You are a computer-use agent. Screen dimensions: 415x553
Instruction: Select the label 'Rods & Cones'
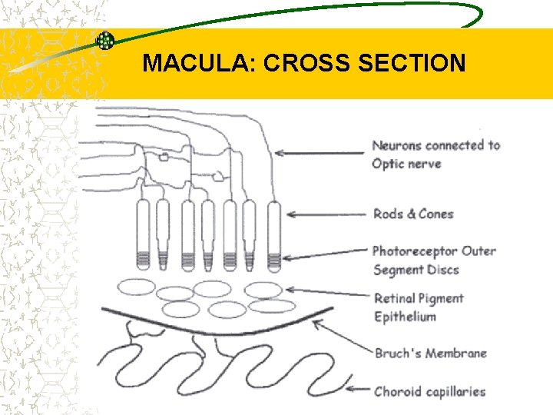pos(412,214)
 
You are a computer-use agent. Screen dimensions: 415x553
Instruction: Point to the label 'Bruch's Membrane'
pos(430,354)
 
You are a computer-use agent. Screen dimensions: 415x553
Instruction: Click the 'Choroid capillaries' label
pos(430,391)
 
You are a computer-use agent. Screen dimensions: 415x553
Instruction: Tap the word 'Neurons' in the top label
pos(396,145)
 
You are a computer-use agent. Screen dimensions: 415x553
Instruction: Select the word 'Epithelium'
pos(404,317)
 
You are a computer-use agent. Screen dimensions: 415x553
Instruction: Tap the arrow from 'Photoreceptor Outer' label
pos(323,256)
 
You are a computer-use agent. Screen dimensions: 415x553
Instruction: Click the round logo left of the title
pos(104,41)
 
